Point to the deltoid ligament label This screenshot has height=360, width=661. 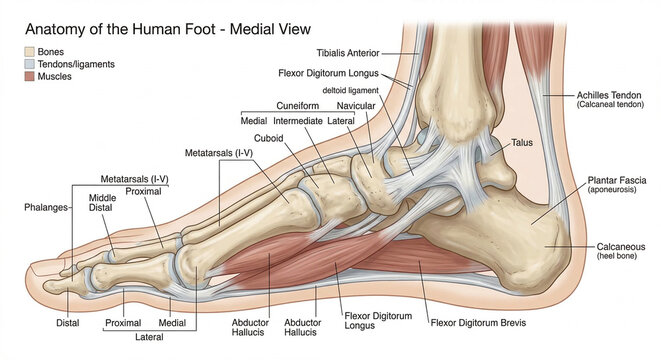coord(344,91)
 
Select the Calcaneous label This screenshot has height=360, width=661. coord(620,246)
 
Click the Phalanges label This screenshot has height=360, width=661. coord(46,207)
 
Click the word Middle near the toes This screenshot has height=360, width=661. coord(103,198)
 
